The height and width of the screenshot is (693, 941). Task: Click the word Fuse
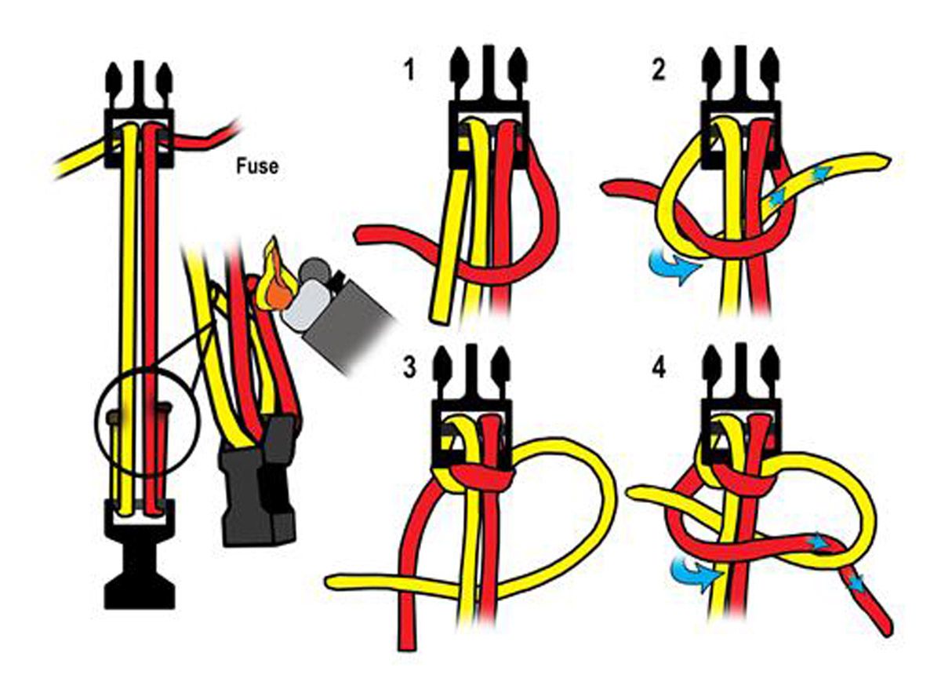(x=257, y=166)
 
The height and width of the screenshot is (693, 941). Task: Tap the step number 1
(x=409, y=70)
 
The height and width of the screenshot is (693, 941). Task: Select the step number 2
(x=658, y=70)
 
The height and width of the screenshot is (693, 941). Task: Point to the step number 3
(x=409, y=367)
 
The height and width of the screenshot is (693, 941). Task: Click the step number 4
(x=659, y=369)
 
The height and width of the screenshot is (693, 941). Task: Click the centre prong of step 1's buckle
(x=488, y=74)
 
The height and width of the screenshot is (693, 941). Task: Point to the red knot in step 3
(x=484, y=480)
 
